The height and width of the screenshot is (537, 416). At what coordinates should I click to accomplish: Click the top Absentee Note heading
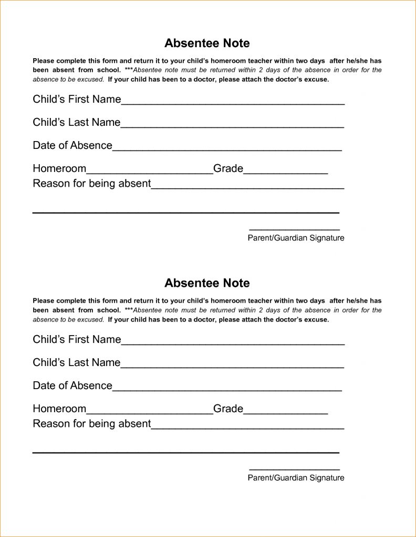coord(207,43)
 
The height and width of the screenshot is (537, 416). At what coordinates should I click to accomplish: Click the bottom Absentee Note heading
coord(207,283)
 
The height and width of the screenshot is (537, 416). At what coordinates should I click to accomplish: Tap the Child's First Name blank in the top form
coord(233,102)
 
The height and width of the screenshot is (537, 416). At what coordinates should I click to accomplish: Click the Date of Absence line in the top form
coord(227,148)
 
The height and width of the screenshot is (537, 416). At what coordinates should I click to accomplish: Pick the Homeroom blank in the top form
coord(149,171)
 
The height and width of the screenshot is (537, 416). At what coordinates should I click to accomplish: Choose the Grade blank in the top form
coord(286,171)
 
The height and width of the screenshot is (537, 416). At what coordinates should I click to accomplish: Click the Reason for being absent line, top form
coord(247,186)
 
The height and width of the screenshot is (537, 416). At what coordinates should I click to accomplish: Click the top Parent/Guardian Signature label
coord(296,238)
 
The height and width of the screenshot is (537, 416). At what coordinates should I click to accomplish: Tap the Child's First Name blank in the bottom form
coord(233,342)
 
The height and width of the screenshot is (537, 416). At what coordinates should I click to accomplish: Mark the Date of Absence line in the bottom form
coord(227,388)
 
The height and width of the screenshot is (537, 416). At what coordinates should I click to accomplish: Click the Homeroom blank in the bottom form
coord(149,411)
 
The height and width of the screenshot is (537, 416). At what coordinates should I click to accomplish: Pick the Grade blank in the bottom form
coord(286,411)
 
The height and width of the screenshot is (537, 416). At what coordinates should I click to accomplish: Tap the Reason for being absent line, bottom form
coord(247,426)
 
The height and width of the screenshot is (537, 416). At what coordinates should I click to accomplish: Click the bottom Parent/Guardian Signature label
coord(296,478)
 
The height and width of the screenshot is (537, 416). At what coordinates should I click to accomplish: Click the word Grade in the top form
coord(228,168)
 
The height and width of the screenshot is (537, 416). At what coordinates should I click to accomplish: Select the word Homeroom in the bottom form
coord(59,409)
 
